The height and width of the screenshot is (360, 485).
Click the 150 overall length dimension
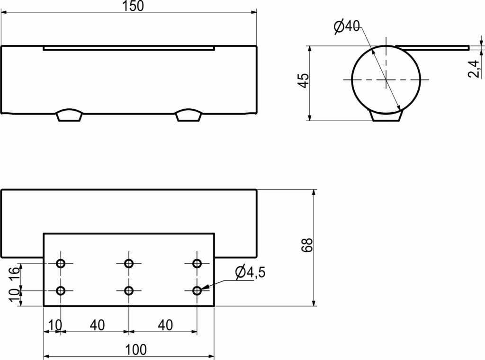134,6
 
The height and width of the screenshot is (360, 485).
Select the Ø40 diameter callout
347,26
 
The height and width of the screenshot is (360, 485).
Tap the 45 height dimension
304,80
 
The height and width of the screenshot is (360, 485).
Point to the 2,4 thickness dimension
474,69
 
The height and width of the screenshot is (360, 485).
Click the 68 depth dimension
307,245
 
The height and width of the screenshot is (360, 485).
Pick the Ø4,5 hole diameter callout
250,272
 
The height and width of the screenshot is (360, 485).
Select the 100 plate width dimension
136,350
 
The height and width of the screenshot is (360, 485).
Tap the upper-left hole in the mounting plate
61,263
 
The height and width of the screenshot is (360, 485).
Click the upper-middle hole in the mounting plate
129,263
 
